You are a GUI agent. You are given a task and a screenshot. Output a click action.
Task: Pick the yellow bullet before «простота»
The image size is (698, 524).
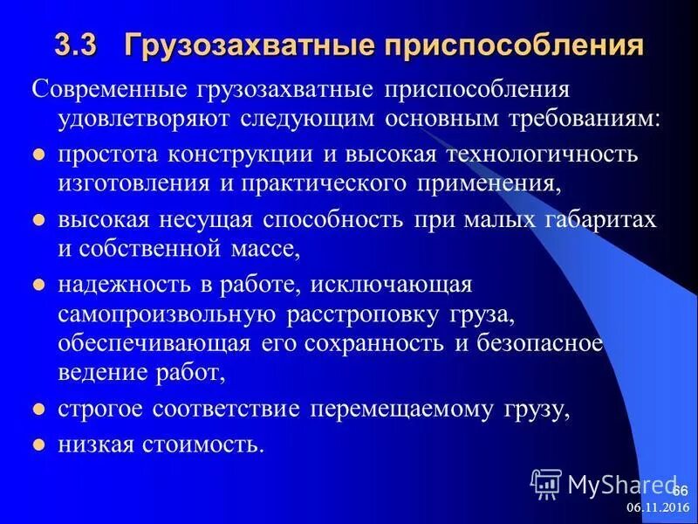click(x=38, y=155)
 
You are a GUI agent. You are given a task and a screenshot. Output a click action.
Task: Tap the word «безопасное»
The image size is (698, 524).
click(x=551, y=343)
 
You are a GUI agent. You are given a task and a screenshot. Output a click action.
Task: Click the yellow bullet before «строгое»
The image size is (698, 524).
click(x=38, y=409)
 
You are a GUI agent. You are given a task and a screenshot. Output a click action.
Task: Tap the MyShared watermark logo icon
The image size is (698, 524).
click(x=546, y=483)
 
